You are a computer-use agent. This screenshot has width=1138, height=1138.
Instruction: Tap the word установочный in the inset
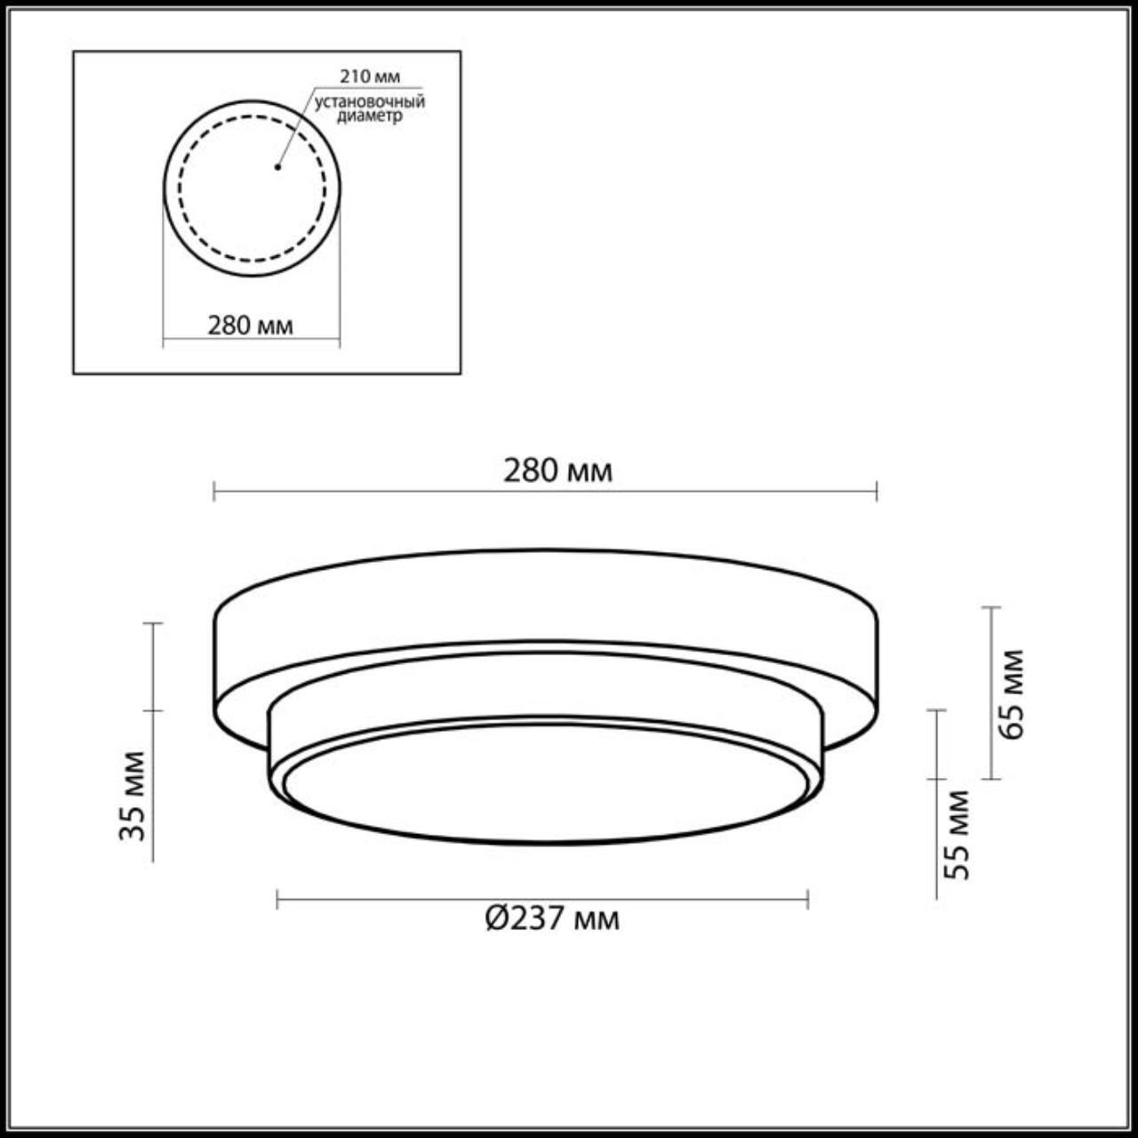(x=370, y=101)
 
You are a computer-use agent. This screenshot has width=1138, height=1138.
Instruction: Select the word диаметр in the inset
(x=370, y=116)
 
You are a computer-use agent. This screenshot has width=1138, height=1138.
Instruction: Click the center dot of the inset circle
(x=277, y=166)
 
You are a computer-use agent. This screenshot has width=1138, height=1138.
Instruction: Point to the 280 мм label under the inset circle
(x=251, y=325)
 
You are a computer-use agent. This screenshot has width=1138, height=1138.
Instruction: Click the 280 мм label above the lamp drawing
(x=558, y=470)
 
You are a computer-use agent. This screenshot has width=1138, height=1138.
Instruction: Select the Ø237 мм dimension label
(x=552, y=918)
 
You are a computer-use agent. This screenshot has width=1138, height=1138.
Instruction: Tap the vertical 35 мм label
(x=132, y=796)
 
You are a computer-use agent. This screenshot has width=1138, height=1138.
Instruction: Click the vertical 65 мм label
(x=1012, y=694)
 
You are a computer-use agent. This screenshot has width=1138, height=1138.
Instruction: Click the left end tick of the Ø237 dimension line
(x=278, y=900)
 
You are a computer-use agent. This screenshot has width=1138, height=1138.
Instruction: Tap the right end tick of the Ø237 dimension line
(x=807, y=900)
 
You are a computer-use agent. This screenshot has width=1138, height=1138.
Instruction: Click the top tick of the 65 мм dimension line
(x=991, y=607)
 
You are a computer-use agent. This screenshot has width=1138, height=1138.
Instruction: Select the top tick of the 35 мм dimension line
(x=153, y=623)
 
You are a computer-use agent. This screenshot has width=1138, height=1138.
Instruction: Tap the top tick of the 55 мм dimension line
(x=936, y=710)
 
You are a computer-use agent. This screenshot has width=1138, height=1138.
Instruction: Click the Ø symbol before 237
(x=496, y=918)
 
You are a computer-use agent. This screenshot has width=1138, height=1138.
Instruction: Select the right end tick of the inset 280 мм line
(x=340, y=339)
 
